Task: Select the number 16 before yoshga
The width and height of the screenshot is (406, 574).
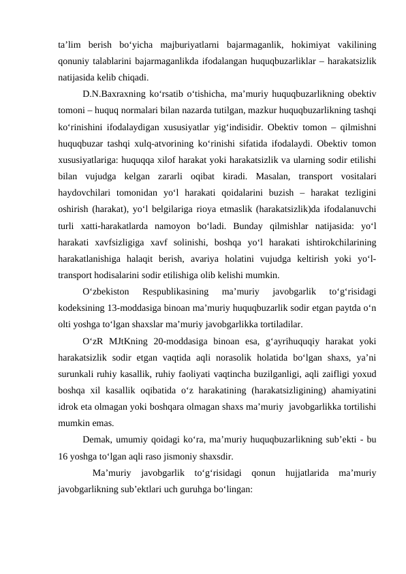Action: point(64,456)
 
